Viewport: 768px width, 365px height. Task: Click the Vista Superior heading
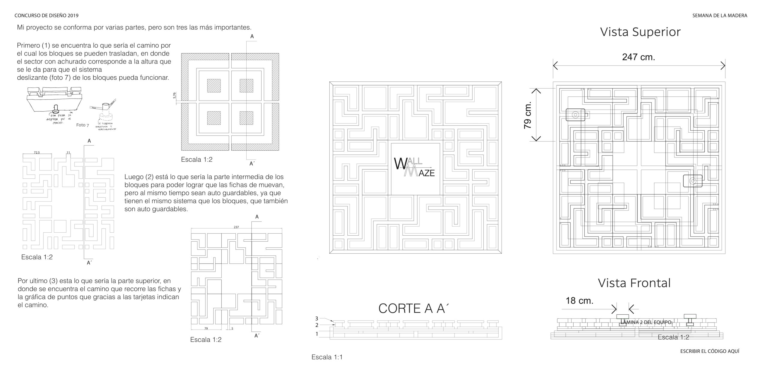click(x=640, y=32)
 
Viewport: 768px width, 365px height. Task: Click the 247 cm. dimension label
click(x=638, y=57)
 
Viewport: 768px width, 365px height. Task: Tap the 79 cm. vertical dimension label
click(x=528, y=115)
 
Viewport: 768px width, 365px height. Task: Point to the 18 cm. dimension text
click(x=579, y=301)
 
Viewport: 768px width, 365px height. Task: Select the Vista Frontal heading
click(x=634, y=283)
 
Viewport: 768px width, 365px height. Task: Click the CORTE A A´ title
click(x=414, y=309)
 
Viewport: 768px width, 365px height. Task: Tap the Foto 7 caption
click(x=82, y=125)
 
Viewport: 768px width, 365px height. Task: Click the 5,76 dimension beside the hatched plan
click(x=174, y=96)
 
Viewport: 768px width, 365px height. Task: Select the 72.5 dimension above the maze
click(x=37, y=152)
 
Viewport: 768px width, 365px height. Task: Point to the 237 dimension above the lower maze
click(x=236, y=227)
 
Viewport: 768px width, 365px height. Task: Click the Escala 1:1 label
click(x=327, y=357)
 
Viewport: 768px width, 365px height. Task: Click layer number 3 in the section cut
click(x=316, y=319)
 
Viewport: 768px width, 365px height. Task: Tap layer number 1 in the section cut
click(x=316, y=334)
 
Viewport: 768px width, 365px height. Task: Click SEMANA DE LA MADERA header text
click(x=719, y=16)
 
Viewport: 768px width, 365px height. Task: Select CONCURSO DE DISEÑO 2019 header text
click(x=46, y=16)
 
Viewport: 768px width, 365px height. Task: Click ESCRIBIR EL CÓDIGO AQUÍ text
click(x=709, y=351)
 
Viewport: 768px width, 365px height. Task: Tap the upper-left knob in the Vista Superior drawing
click(x=575, y=115)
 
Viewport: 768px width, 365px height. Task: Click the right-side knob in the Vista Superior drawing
click(x=693, y=181)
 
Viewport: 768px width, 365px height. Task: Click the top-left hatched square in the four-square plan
click(x=214, y=86)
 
